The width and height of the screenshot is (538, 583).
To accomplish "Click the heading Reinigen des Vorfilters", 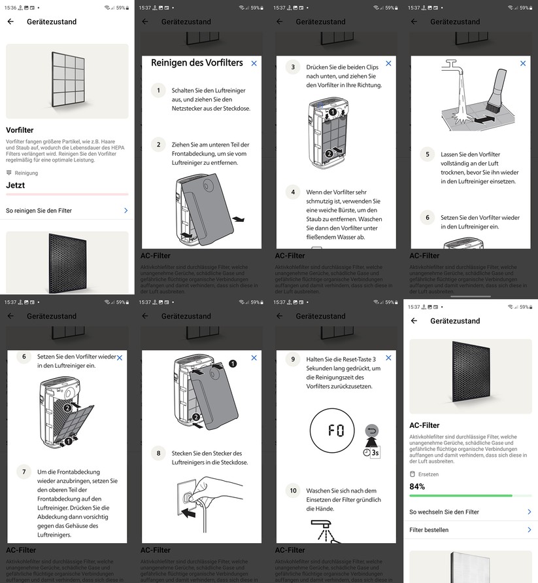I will tap(197, 63).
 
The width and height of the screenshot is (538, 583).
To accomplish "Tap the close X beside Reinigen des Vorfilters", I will tap(254, 63).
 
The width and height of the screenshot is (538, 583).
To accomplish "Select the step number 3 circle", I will tap(293, 67).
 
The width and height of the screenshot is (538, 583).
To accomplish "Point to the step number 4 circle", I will tap(293, 192).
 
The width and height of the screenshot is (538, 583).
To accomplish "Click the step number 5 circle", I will tap(428, 155).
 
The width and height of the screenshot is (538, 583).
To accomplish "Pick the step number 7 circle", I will tap(24, 471).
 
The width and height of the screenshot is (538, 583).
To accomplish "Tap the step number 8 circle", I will tap(158, 453).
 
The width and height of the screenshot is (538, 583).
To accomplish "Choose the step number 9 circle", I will tap(293, 359).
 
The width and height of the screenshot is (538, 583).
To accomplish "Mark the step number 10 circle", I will tap(293, 490).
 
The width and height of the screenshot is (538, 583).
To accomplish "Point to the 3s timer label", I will tap(375, 452).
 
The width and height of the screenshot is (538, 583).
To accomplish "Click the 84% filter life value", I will tap(417, 486).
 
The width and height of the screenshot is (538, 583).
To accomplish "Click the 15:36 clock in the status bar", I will tap(10, 8).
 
